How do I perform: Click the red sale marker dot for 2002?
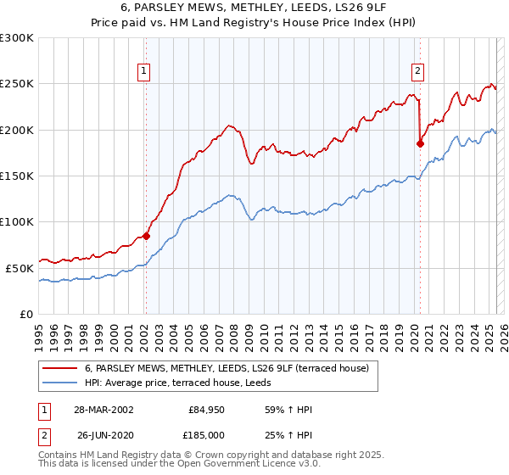coord(146,236)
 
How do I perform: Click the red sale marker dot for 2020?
coord(420,144)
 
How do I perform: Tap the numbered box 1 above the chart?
coord(145,72)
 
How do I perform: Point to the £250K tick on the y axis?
coord(17,84)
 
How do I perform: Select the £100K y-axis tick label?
coord(17,221)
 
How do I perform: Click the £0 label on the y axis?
coord(26,314)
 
